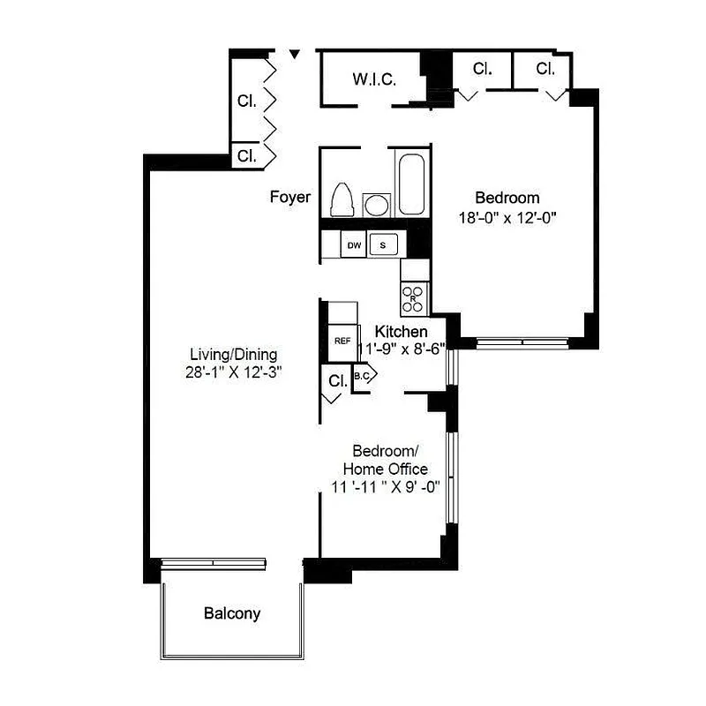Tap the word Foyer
click(x=289, y=197)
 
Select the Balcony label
click(x=232, y=613)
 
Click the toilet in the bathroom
click(x=342, y=199)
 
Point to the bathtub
click(x=410, y=184)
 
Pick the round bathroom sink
click(x=376, y=205)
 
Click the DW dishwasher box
click(x=354, y=244)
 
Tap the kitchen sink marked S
click(x=383, y=244)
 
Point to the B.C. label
click(x=362, y=376)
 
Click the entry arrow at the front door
click(x=296, y=56)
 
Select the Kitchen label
click(x=402, y=331)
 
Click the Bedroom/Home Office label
click(x=385, y=459)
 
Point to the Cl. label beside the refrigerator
click(x=337, y=381)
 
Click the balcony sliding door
click(x=214, y=562)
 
